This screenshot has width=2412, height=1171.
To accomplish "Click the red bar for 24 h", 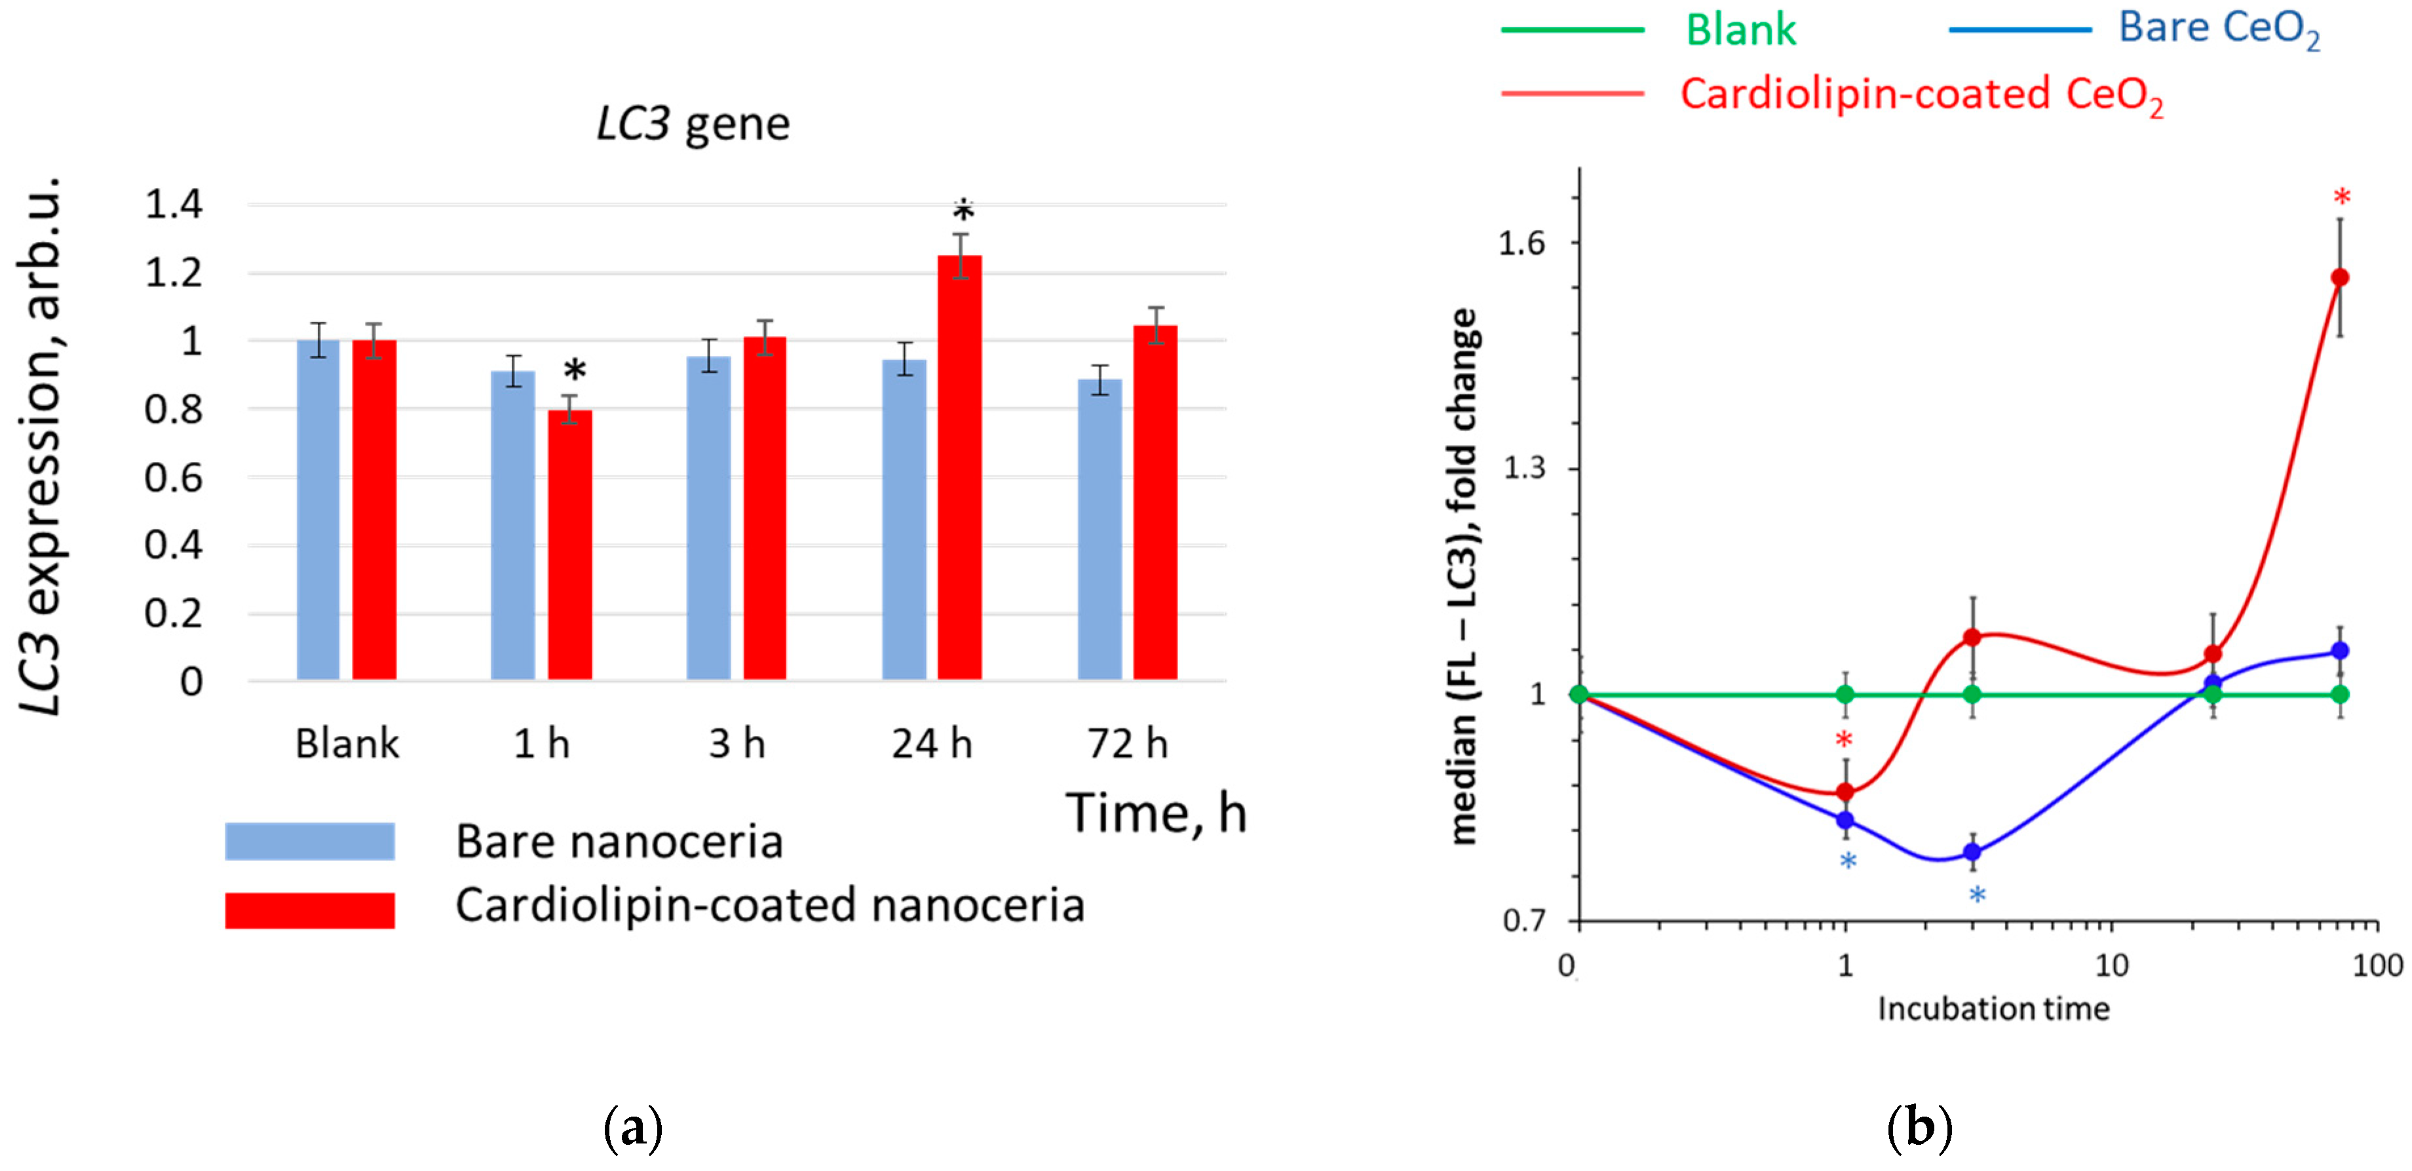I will (960, 468).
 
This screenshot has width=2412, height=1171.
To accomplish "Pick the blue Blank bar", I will (317, 510).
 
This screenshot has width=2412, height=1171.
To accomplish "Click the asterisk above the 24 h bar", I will (963, 210).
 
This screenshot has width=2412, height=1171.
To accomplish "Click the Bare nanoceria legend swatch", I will (310, 841).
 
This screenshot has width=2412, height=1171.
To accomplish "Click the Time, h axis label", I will (1157, 813).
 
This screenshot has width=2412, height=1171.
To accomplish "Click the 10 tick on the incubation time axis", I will (2111, 964).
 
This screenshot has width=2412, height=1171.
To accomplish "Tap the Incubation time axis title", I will (1993, 1009).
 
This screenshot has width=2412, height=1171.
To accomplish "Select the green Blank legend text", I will (1740, 30).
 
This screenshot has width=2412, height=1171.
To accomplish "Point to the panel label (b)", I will (1919, 1128).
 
